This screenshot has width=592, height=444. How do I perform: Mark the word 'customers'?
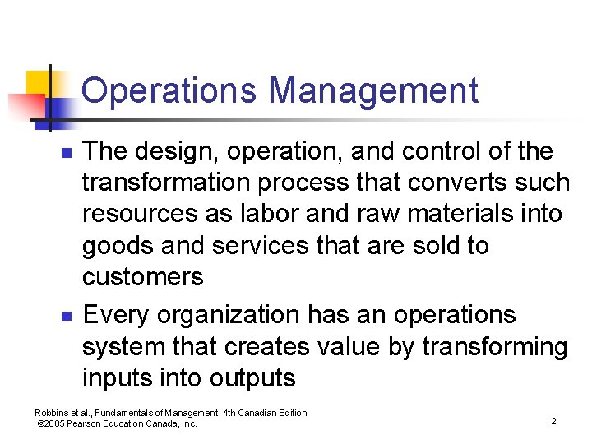(142, 277)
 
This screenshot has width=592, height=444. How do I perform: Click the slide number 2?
(553, 421)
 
